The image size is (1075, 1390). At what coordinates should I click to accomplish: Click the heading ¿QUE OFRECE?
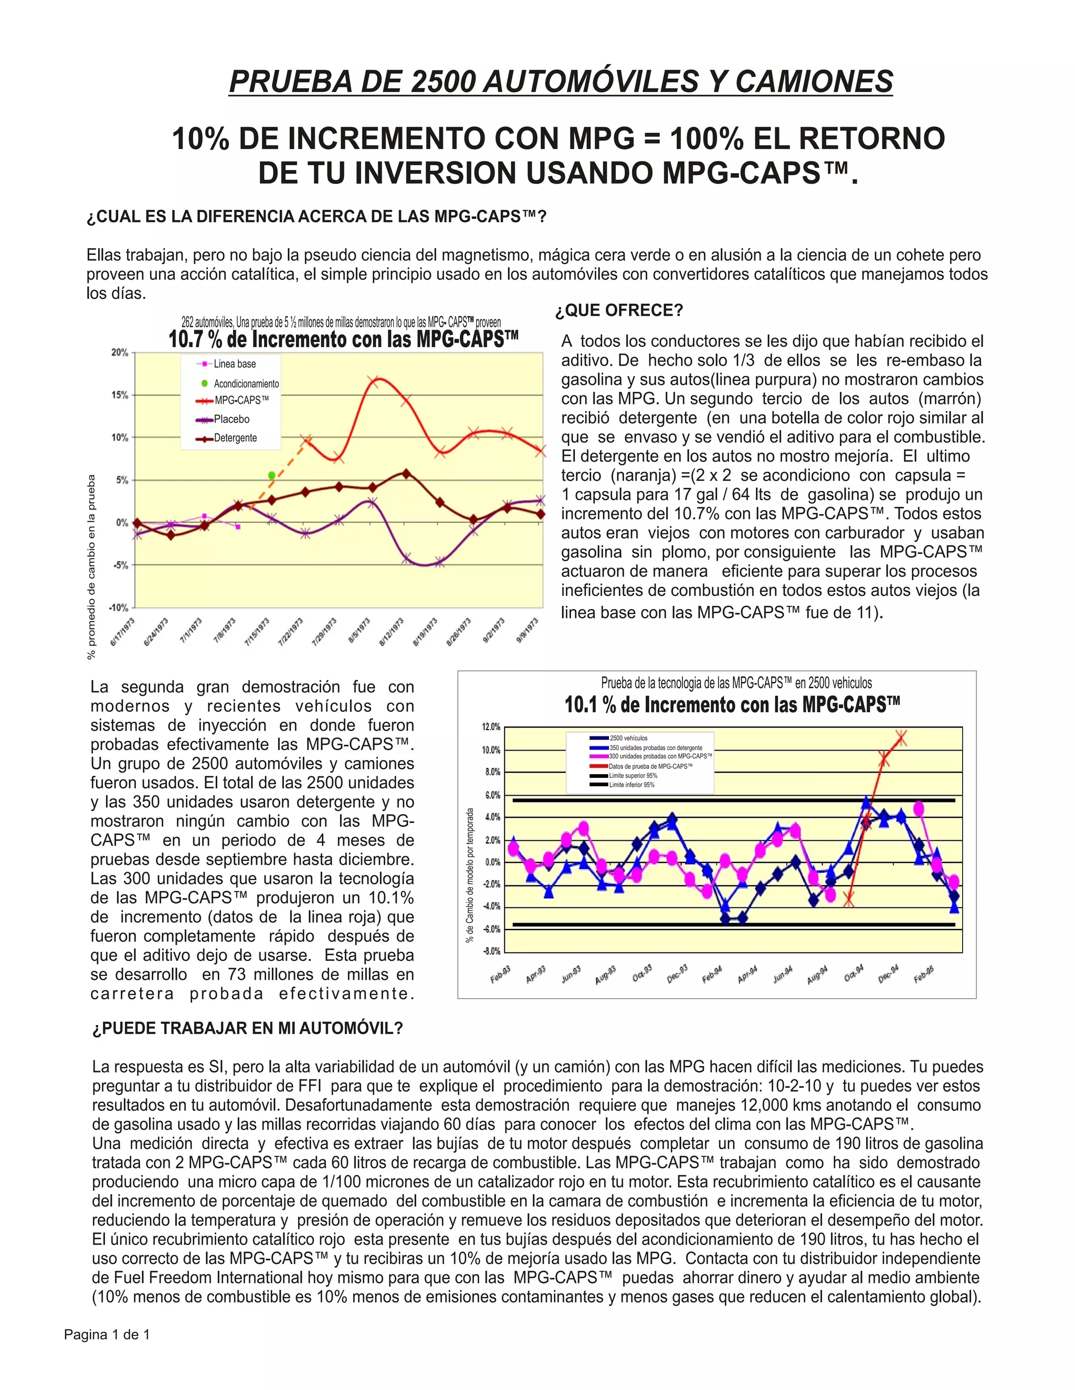(x=618, y=311)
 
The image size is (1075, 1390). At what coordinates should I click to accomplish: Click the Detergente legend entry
(x=235, y=438)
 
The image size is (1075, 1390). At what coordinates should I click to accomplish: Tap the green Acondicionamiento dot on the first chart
(x=272, y=475)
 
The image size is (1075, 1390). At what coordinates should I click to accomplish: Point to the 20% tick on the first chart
(x=120, y=352)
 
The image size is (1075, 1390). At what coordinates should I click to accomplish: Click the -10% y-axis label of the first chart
(x=119, y=608)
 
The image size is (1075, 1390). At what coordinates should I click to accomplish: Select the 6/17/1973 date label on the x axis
(x=122, y=632)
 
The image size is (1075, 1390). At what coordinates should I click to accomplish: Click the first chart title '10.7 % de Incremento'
(x=343, y=339)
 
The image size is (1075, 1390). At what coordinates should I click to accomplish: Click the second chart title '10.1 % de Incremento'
(x=732, y=705)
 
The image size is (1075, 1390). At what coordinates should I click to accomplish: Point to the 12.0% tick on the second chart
(x=491, y=727)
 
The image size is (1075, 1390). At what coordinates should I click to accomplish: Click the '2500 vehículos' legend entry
(x=628, y=739)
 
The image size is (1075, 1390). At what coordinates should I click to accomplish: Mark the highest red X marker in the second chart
(x=901, y=739)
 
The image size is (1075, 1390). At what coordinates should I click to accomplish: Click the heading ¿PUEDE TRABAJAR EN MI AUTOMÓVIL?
(x=248, y=1029)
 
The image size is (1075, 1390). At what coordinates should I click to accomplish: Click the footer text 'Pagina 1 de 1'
(x=107, y=1334)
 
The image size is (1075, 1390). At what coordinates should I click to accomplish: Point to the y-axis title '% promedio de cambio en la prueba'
(x=92, y=566)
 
